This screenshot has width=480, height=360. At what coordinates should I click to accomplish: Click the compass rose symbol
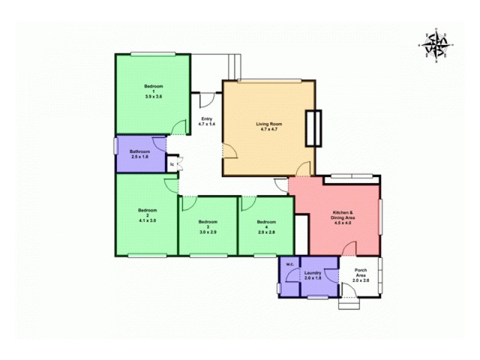(436, 45)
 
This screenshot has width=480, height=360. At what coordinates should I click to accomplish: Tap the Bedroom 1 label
(154, 88)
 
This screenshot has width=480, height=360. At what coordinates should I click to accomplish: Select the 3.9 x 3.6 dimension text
(154, 97)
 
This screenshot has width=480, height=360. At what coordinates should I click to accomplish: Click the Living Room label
(269, 124)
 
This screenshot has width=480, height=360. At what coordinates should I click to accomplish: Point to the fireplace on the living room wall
(313, 128)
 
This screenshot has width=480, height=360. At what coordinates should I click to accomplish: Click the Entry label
(206, 119)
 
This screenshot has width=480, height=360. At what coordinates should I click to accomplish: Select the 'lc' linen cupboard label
(172, 163)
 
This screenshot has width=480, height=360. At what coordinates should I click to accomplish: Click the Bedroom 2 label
(147, 212)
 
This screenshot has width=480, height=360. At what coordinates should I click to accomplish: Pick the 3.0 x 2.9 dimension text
(208, 229)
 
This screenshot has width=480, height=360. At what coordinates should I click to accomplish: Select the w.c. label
(289, 265)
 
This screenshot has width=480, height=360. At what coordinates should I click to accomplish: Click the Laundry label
(313, 273)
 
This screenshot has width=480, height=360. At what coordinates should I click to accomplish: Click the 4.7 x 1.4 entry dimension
(206, 124)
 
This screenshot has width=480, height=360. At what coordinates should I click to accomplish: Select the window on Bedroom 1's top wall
(153, 54)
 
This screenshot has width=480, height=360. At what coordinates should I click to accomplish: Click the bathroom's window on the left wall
(115, 147)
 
